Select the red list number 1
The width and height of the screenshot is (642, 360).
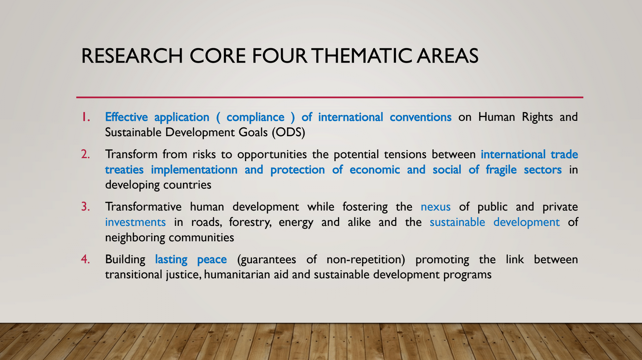86,117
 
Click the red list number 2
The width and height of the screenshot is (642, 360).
85,154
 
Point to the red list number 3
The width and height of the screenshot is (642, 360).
85,207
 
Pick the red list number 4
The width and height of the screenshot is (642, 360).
85,259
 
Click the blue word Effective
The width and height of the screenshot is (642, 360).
126,117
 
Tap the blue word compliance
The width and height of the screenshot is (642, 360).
255,117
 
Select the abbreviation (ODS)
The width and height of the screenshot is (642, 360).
288,132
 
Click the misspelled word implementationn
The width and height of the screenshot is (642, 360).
194,170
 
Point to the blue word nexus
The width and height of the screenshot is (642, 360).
436,207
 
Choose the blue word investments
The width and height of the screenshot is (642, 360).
135,222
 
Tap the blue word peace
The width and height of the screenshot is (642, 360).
212,260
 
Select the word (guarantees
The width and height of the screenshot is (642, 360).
266,259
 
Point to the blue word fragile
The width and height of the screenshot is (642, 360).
501,170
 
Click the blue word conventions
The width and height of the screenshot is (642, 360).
421,117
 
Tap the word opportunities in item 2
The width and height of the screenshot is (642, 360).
272,155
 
